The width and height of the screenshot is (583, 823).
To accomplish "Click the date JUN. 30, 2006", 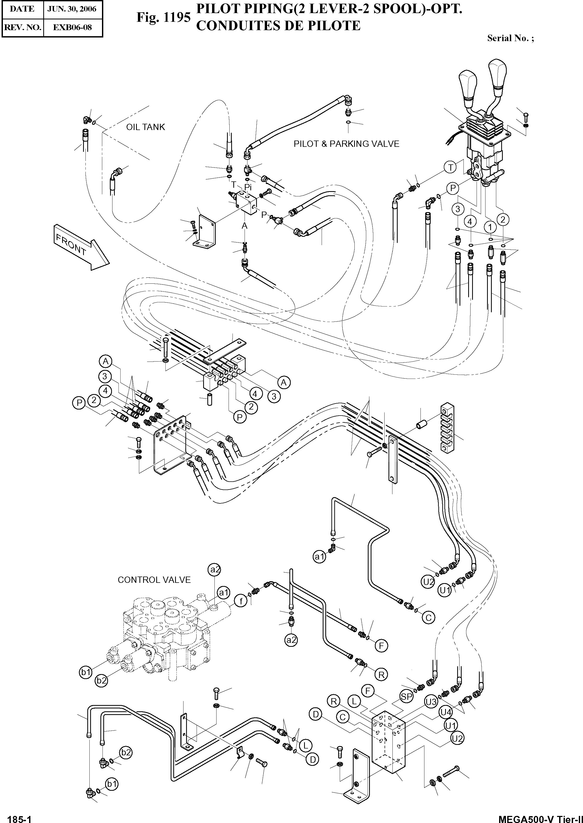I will click(x=72, y=9).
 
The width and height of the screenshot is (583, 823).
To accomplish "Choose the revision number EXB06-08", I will click(x=73, y=27).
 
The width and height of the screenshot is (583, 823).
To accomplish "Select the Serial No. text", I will click(x=510, y=39).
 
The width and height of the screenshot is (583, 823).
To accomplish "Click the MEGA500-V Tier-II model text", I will click(x=540, y=817).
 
